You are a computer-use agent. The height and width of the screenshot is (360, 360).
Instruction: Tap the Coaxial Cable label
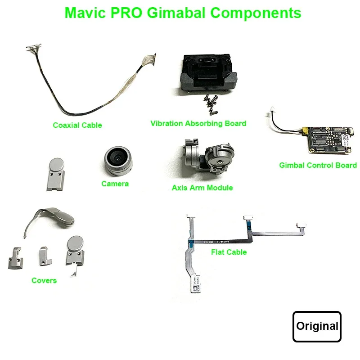coord(77,125)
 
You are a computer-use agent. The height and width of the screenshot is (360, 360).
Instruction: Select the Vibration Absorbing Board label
coord(198,123)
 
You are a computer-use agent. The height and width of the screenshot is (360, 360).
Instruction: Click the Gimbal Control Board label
coord(318,165)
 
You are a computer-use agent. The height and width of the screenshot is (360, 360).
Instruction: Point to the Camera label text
coord(115,184)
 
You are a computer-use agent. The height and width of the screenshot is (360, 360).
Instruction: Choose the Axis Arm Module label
coord(202,188)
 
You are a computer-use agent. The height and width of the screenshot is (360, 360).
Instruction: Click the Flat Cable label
coord(229,252)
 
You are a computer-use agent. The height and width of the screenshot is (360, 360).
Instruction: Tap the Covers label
coord(44,280)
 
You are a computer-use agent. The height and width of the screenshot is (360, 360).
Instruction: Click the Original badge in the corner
coord(317,326)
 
